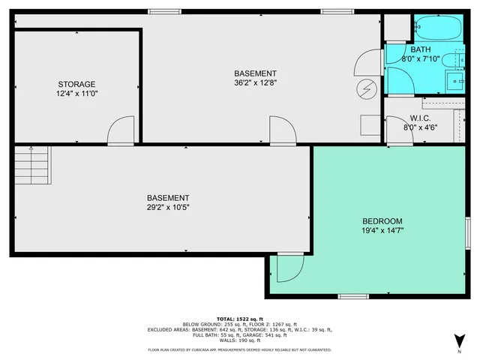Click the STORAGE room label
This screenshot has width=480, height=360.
point(76,84)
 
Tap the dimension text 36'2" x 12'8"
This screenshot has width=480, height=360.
point(255,83)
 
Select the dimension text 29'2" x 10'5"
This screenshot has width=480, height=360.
point(167,207)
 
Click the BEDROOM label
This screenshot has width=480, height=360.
point(382,221)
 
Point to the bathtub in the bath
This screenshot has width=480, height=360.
point(439,28)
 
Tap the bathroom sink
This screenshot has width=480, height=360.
point(455,79)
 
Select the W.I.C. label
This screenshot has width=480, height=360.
point(419,118)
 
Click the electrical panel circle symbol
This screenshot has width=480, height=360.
point(367,89)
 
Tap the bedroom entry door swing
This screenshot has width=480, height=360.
point(287,267)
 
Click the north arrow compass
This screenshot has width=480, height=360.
point(457,342)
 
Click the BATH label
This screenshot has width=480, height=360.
point(420,49)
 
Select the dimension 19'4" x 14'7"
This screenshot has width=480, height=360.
point(382,232)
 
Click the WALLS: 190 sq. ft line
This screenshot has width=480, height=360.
point(240,340)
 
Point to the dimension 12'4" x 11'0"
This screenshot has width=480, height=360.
point(76,94)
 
